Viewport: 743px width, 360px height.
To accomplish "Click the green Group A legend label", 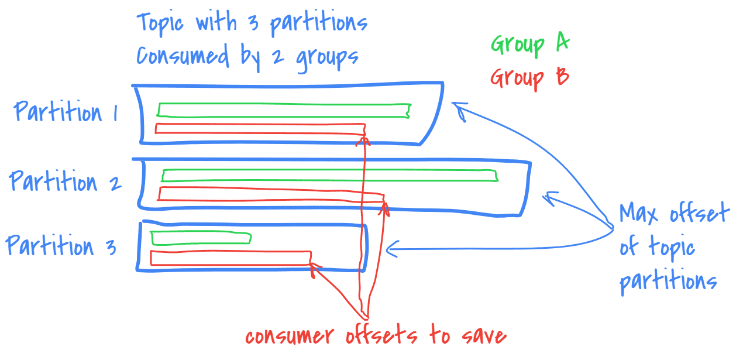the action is (530, 44).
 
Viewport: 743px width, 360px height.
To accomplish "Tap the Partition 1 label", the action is (66, 112).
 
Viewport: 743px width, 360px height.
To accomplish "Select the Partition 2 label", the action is (66, 181).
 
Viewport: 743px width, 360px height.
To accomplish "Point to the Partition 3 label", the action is (61, 246).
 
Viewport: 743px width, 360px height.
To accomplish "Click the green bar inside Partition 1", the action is (283, 109).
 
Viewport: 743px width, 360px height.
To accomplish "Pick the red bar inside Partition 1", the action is (260, 128).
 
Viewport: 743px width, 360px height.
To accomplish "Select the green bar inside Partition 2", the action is (329, 174).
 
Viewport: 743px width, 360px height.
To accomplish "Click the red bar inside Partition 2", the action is (271, 194).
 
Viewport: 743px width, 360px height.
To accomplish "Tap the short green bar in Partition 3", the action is (201, 238).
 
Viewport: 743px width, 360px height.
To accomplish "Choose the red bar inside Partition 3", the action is (230, 258).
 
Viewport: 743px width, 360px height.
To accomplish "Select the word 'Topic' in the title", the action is (160, 23).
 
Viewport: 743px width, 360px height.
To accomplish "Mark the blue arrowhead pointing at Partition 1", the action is (460, 109).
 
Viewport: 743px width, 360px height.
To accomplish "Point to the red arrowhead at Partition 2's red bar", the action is (384, 205).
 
